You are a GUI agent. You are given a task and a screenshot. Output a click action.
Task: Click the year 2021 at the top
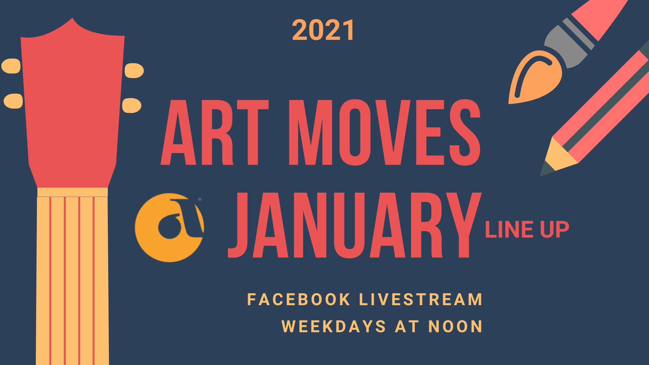[x=323, y=30]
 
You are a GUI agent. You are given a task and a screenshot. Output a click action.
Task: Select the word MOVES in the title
[x=385, y=132]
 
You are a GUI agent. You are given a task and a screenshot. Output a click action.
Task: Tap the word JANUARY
[x=355, y=225]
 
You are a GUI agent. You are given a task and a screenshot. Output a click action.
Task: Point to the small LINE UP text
[x=527, y=230]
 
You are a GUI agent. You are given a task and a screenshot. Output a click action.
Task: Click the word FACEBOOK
[x=299, y=300]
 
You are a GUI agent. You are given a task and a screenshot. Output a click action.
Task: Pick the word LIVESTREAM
[x=421, y=300]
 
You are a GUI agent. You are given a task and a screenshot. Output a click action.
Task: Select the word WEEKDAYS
[x=334, y=326]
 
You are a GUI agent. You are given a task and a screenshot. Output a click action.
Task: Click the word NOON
[x=455, y=326]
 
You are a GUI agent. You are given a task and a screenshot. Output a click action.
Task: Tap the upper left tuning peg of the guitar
[x=11, y=66]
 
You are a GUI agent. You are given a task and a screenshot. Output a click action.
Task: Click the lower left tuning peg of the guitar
[x=13, y=101]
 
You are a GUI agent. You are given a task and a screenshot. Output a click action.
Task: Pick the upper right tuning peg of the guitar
[x=134, y=71]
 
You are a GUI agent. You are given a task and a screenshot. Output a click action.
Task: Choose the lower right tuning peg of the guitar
[x=132, y=105]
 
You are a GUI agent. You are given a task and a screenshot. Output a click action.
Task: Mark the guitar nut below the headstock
[x=72, y=192]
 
